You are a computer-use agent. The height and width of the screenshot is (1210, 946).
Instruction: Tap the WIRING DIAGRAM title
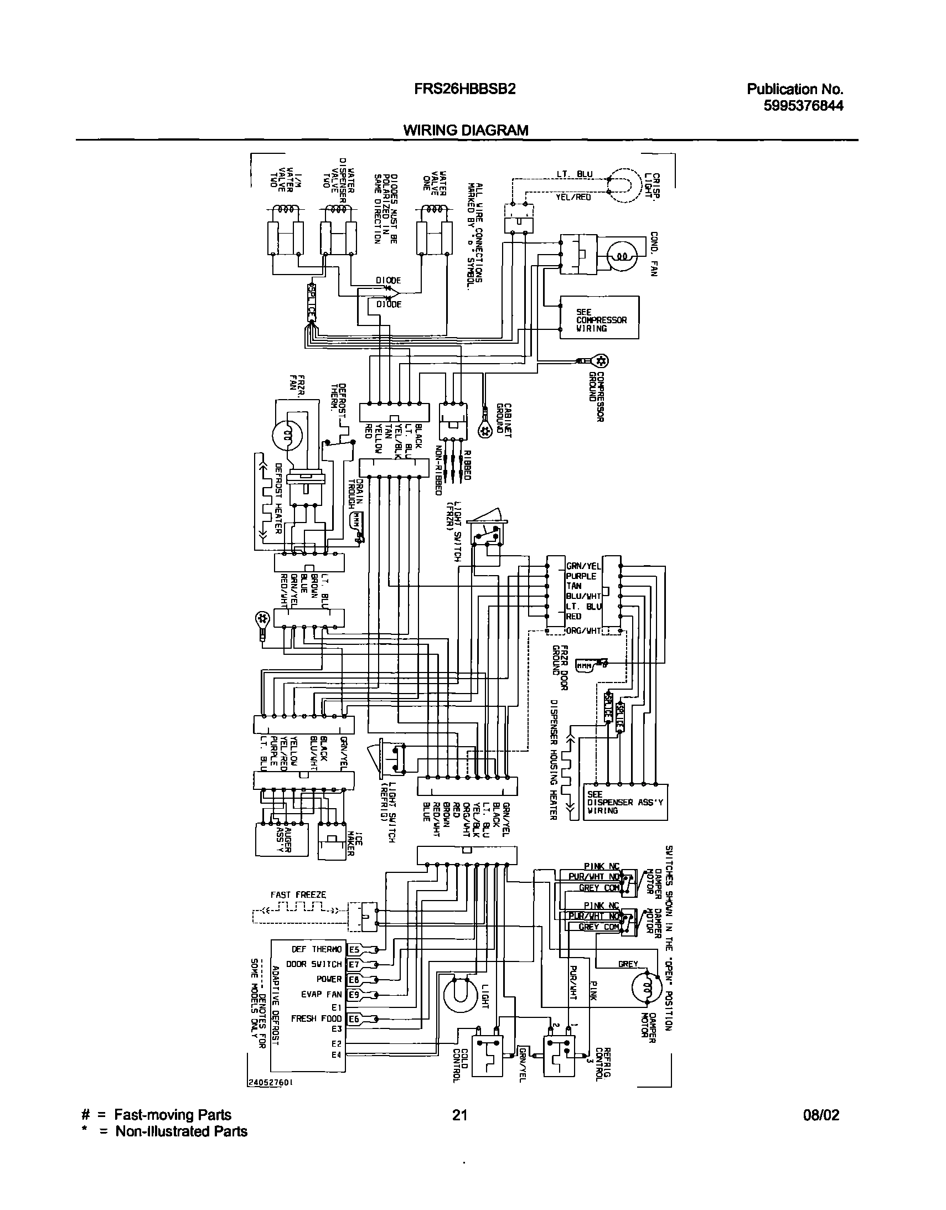(466, 130)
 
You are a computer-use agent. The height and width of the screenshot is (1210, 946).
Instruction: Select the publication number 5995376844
(803, 105)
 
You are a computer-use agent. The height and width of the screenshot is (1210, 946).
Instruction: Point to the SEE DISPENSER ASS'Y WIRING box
(626, 802)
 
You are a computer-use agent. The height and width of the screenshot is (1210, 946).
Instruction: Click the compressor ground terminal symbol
(602, 361)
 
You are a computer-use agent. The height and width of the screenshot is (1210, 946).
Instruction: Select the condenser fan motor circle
(622, 255)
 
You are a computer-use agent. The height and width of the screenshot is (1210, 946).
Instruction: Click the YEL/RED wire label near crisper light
(573, 197)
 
